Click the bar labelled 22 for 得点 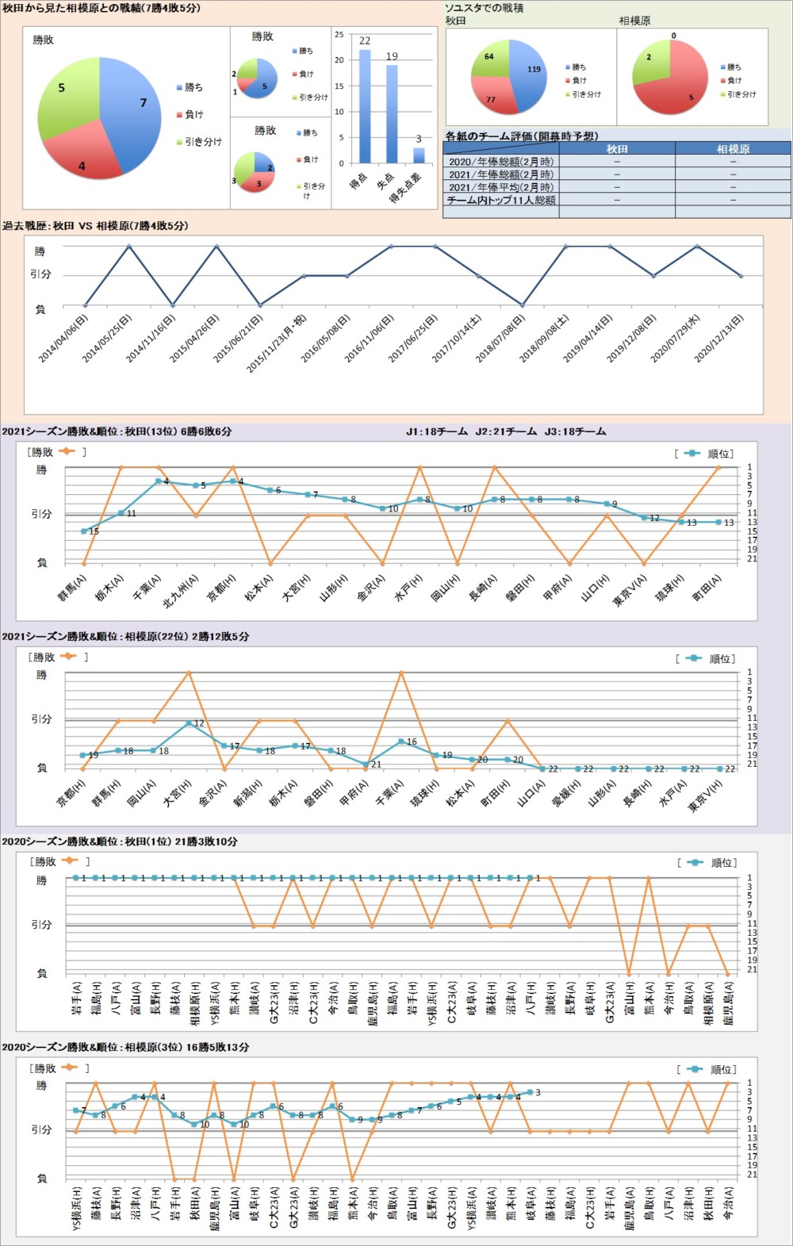tap(365, 106)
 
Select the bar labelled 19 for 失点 tap(392, 114)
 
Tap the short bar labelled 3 tap(419, 155)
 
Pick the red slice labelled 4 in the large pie tap(83, 159)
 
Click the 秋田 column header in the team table tap(617, 148)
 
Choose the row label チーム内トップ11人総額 tap(500, 200)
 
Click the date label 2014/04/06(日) tap(64, 339)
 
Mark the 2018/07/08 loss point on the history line tap(522, 305)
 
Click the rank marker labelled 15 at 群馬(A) tap(83, 531)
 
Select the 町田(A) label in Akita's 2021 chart tap(707, 588)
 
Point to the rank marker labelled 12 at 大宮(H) tap(189, 723)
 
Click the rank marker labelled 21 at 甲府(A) tap(366, 764)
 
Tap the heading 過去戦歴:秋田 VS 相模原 tap(95, 226)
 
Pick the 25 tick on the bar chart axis tap(339, 35)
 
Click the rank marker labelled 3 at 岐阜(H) tap(530, 1092)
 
